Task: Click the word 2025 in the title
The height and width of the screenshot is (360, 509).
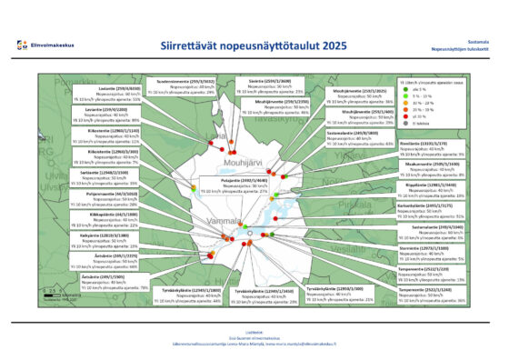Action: point(323,43)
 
